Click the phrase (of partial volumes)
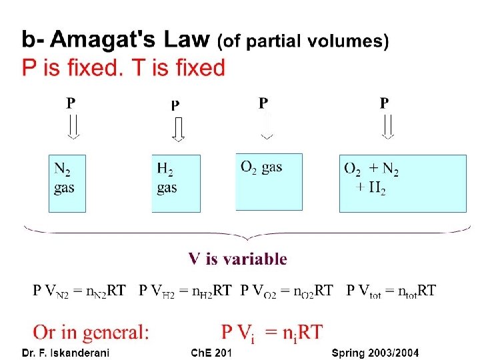pyautogui.click(x=303, y=42)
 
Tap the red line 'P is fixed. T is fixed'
pyautogui.click(x=123, y=68)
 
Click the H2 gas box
pyautogui.click(x=176, y=183)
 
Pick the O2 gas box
pyautogui.click(x=269, y=181)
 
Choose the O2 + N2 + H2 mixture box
pyautogui.click(x=392, y=183)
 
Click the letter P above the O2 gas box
pyautogui.click(x=263, y=103)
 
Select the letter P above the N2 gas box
pyautogui.click(x=71, y=103)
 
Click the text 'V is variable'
pyautogui.click(x=238, y=259)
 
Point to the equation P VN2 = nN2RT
pyautogui.click(x=79, y=291)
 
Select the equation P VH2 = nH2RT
pyautogui.click(x=185, y=291)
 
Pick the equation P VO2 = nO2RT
pyautogui.click(x=287, y=291)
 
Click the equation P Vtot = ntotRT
pyautogui.click(x=392, y=291)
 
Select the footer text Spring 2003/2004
pyautogui.click(x=375, y=353)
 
